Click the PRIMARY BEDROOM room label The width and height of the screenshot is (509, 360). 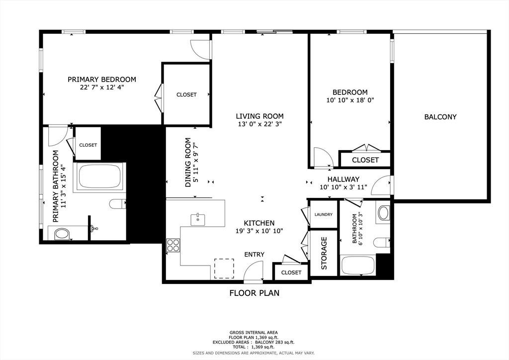pos(101,79)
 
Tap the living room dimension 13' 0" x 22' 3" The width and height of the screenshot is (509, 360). pos(259,124)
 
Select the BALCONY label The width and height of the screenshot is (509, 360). pos(440,117)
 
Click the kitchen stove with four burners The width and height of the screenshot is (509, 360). pos(173,245)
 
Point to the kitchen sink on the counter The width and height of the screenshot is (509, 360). pos(197,219)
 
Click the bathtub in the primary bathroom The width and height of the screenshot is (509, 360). pos(99,176)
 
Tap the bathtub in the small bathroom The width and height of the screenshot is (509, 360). pos(357,266)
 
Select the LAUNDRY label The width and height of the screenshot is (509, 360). pos(323,215)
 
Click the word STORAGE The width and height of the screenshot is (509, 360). pos(324,253)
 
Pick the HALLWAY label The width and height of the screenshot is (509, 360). pos(343,179)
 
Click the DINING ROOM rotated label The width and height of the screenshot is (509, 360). pos(188,163)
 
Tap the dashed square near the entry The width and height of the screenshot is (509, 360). pos(224,269)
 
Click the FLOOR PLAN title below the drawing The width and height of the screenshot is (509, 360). pos(254,293)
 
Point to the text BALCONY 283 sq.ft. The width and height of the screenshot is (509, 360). pos(274,342)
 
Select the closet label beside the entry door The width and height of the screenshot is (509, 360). pos(291,272)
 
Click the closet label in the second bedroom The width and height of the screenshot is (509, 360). pos(365,160)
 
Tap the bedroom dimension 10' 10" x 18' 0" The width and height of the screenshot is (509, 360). pos(350,100)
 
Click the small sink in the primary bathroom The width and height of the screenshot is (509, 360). pos(94,229)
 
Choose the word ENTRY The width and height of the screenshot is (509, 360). pos(254,255)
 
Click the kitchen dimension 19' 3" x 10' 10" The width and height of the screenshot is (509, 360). pos(259,231)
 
